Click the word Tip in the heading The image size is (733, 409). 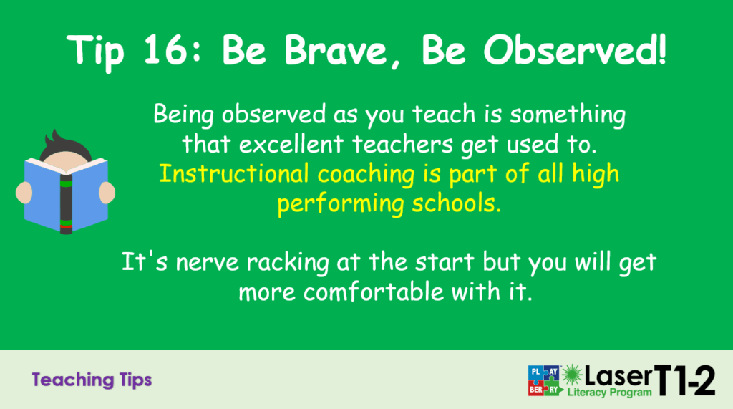[95, 52]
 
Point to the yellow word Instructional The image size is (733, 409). [234, 173]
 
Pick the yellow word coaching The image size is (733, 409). [366, 175]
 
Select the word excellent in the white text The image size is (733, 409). [291, 144]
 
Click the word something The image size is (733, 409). [568, 115]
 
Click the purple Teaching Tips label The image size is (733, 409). [92, 380]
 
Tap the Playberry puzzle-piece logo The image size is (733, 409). [544, 380]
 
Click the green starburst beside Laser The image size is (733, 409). [572, 375]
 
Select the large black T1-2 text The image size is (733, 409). [684, 380]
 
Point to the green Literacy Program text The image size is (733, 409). [609, 392]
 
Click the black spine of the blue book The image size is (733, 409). [66, 203]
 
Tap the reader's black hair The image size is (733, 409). [64, 145]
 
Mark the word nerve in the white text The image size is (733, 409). [208, 263]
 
